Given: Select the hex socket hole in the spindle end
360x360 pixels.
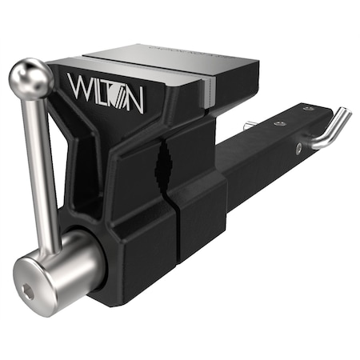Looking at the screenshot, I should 30,293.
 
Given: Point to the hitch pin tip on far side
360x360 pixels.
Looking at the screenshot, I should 250,125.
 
